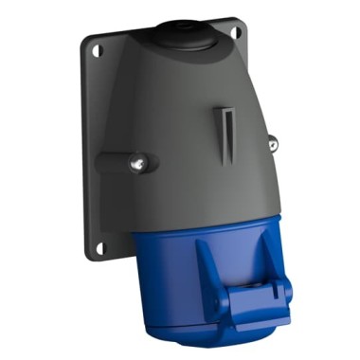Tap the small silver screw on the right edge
[273, 145]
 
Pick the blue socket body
[180, 275]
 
